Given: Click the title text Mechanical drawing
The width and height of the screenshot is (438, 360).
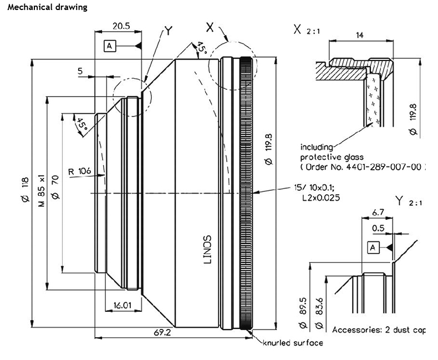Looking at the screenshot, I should pos(47,8).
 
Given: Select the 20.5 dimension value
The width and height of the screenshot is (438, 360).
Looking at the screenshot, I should pos(121,26).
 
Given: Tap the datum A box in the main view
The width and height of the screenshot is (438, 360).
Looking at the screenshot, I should pos(110,46).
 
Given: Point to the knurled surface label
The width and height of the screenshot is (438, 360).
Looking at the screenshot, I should pos(293,343).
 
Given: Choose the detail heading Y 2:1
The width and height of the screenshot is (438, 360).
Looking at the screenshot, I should pos(409,201).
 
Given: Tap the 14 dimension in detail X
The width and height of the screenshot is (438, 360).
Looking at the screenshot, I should pos(360,35).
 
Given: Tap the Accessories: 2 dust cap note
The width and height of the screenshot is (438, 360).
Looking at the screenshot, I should pos(379,329).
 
